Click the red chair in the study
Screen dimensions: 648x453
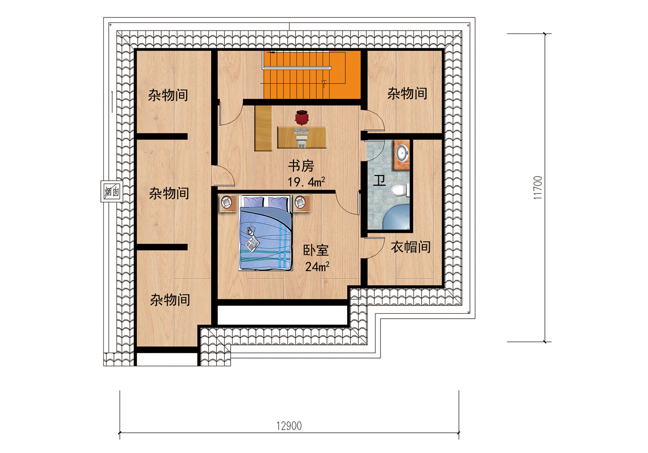[302, 117]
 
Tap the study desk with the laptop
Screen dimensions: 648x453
[302, 137]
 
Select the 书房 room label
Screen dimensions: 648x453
[301, 166]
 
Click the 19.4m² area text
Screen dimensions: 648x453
[307, 182]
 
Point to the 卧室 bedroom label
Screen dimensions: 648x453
[316, 250]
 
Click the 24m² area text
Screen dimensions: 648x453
[317, 266]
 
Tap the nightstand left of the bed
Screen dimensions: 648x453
[228, 203]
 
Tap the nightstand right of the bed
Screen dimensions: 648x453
[302, 203]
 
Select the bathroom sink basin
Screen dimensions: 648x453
[402, 153]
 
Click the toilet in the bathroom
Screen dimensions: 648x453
[400, 190]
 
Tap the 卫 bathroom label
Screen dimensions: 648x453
[379, 180]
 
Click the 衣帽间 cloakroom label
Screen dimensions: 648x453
[411, 247]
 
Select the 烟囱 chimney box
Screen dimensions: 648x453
[112, 192]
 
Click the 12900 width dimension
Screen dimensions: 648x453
[289, 426]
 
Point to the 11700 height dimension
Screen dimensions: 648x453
[538, 187]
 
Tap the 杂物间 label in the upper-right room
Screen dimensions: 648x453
[407, 93]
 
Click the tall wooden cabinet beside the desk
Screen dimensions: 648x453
[263, 128]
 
